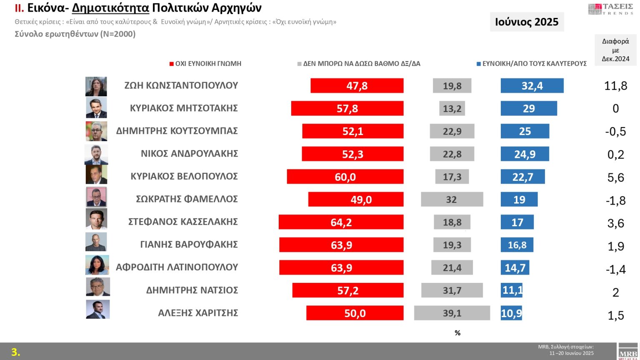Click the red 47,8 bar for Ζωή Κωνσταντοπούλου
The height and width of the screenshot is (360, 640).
(x=357, y=86)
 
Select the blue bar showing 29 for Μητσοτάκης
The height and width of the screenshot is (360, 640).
(x=529, y=108)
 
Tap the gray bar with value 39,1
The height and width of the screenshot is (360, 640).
(x=452, y=313)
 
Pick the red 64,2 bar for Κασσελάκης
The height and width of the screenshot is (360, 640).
(x=341, y=222)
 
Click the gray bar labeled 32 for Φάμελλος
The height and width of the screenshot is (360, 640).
(x=452, y=200)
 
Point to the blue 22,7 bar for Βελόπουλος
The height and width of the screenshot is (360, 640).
(x=522, y=177)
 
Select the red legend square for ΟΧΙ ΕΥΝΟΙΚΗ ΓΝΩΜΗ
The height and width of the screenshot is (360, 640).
(x=171, y=64)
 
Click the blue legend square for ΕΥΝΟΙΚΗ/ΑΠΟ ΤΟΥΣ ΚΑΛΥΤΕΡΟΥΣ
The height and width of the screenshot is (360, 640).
(x=479, y=64)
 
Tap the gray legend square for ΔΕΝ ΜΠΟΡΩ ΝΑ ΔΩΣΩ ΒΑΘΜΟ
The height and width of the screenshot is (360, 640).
(x=299, y=64)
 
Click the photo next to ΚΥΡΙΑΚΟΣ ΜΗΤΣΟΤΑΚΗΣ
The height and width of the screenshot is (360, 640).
(x=96, y=108)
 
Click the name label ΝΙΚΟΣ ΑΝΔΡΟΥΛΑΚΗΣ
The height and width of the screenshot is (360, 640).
(x=189, y=154)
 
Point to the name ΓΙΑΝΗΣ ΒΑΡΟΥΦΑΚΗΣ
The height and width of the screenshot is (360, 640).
(x=189, y=245)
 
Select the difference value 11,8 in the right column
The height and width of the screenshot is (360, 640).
(x=615, y=86)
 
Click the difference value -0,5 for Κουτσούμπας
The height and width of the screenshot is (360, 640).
(x=615, y=131)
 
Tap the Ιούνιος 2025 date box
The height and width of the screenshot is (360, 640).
(x=527, y=22)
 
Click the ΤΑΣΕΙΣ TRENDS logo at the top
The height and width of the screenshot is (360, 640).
(x=610, y=9)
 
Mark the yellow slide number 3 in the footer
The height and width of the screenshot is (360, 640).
(x=15, y=352)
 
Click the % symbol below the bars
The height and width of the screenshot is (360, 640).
(x=457, y=333)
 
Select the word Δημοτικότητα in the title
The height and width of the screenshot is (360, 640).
(x=110, y=8)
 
